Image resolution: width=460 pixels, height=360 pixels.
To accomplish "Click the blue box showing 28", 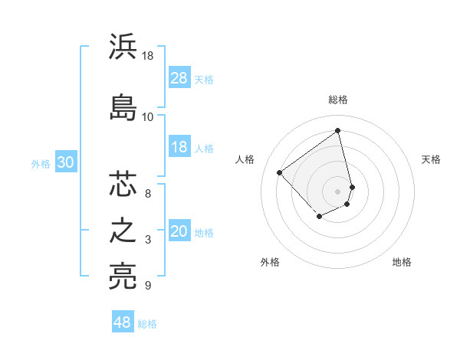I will tap(179, 78).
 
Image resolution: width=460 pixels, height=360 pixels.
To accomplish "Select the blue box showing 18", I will tap(179, 147).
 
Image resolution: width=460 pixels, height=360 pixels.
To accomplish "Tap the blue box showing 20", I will tap(179, 232).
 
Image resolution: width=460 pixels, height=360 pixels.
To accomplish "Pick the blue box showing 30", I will tap(65, 162).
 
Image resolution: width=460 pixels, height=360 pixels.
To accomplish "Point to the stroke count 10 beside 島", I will tap(147, 117).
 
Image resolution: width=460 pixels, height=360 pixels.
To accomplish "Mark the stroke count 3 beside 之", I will tap(147, 241).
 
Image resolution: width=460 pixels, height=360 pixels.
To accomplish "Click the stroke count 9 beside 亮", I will tap(147, 286).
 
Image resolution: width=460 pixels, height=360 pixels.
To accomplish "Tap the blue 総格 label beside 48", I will tap(147, 324).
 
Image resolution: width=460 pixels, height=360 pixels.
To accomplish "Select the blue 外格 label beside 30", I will tap(41, 163).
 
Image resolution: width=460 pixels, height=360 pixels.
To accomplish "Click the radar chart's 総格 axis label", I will tap(338, 100).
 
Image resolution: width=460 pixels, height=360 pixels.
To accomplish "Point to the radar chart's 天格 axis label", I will tap(432, 159).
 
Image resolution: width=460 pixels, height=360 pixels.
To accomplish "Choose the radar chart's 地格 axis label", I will tap(402, 262).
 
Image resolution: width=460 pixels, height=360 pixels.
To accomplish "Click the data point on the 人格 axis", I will tap(280, 173).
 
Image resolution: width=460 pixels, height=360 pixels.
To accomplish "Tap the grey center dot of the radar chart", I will tap(338, 191).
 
